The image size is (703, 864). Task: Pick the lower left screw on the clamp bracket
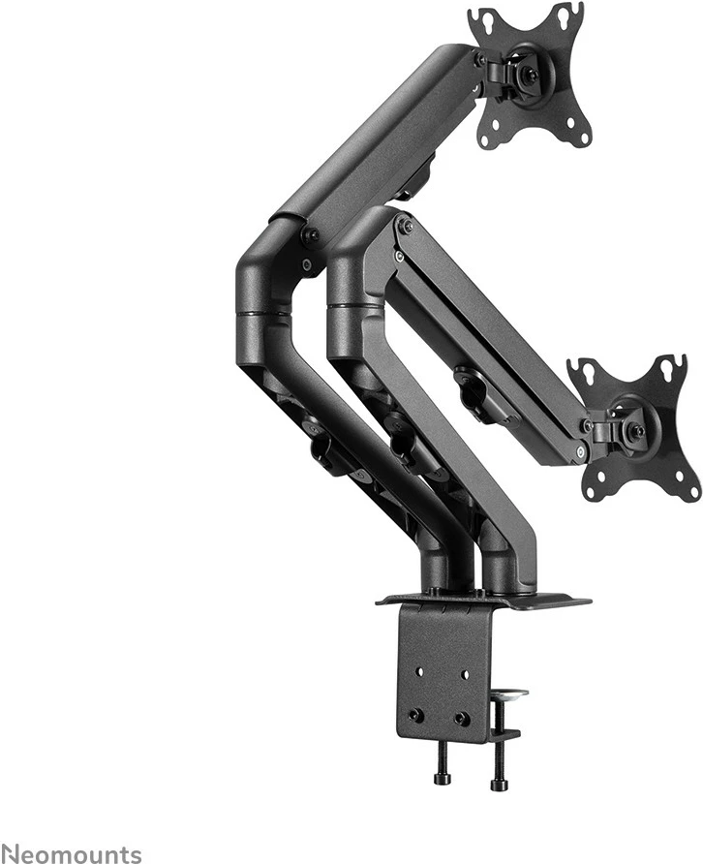click(415, 715)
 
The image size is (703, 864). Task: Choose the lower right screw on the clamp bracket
click(462, 719)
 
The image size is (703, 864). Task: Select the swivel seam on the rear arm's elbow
click(263, 315)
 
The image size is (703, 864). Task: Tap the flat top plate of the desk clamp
click(484, 600)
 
